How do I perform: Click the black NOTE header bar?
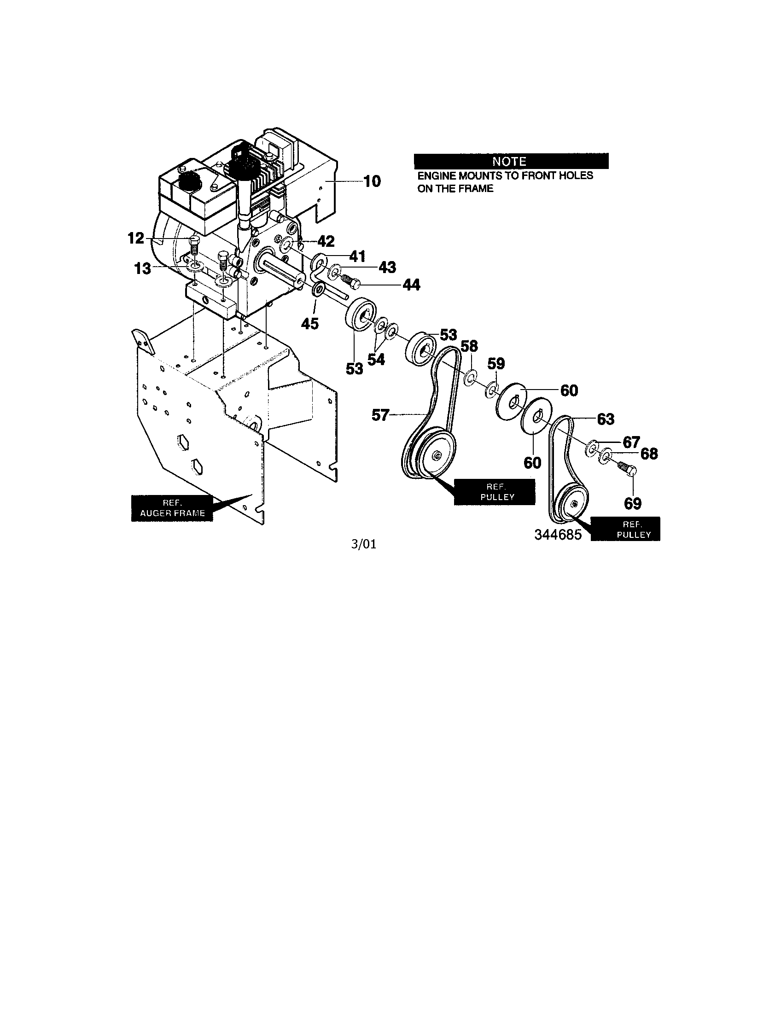pos(511,161)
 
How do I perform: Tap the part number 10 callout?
pos(372,181)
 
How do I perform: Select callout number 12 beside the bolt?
pos(136,239)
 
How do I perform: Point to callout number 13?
pos(143,268)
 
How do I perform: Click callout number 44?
pos(411,285)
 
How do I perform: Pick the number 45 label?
pos(309,324)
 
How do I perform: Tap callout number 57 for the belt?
pos(380,415)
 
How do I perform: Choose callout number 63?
pos(605,419)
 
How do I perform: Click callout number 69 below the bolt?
pos(633,503)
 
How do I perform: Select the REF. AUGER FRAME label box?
pos(173,508)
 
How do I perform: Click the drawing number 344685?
pos(558,535)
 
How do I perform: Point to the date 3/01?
pos(364,544)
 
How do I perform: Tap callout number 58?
pos(469,346)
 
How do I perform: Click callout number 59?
pos(496,363)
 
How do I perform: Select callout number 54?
pos(376,359)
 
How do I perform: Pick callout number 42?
pos(326,241)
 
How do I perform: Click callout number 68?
pos(649,453)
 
